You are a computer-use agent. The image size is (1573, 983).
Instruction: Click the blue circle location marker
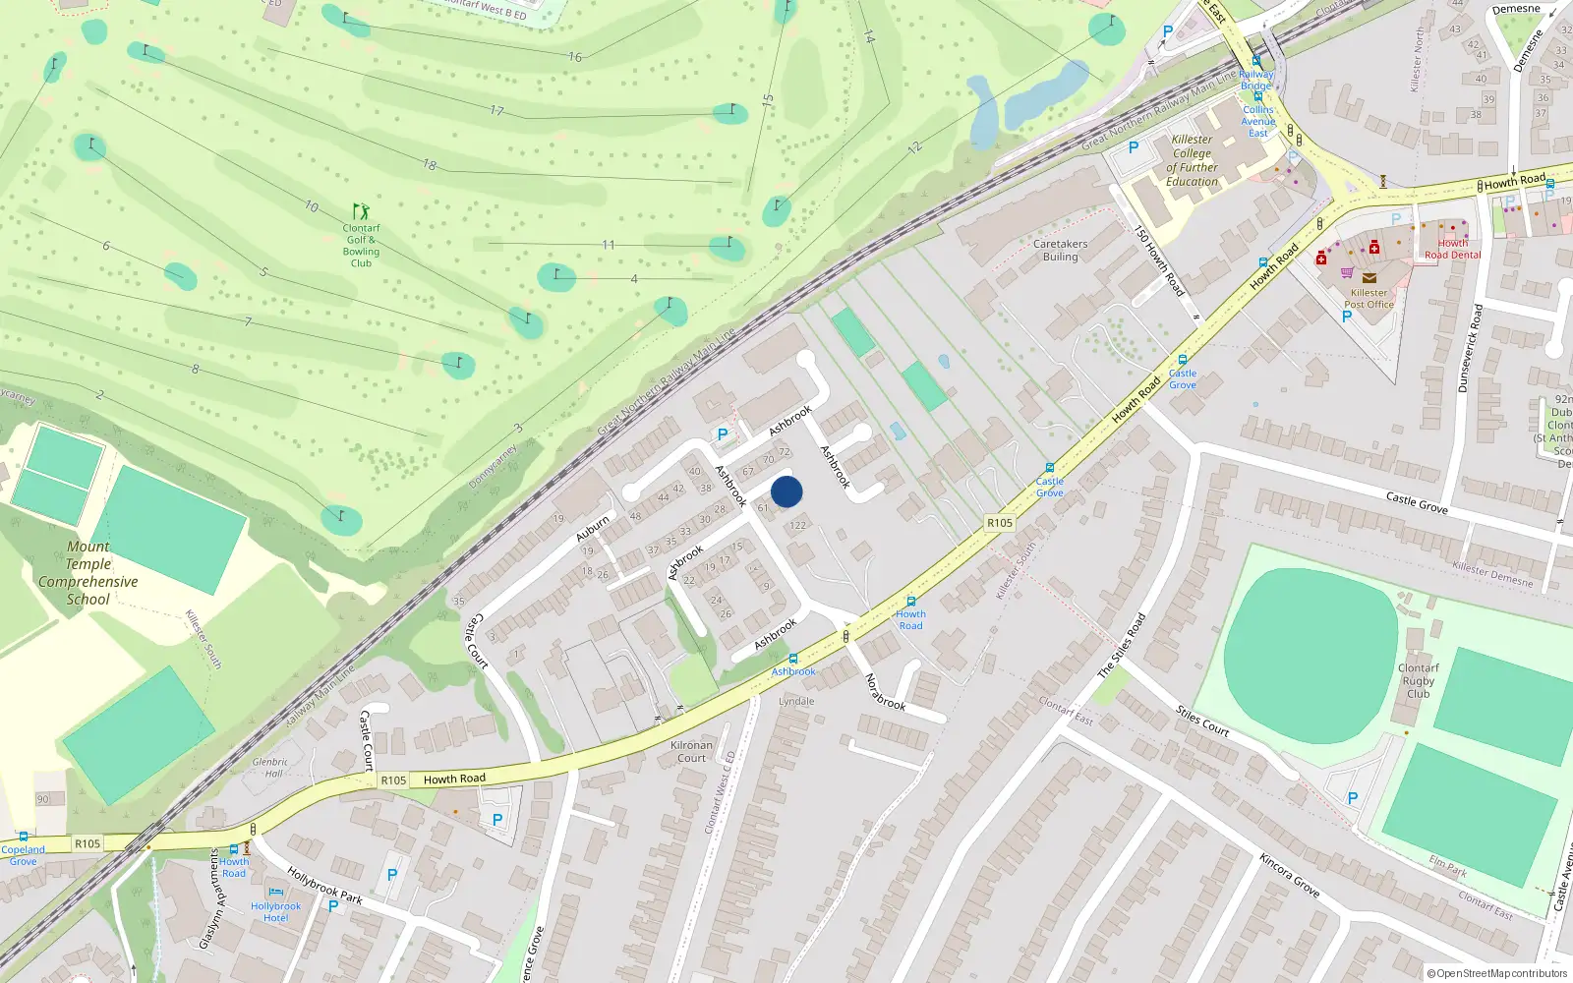click(x=786, y=491)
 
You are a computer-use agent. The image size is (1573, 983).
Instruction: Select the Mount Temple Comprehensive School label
click(x=88, y=573)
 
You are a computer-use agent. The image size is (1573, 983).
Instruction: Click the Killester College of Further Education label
click(x=1192, y=160)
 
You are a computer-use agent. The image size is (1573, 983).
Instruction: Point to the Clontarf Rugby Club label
click(x=1418, y=680)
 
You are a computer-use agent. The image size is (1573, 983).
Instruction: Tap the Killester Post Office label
click(x=1369, y=298)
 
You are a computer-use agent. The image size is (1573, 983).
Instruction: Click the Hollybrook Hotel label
click(x=275, y=911)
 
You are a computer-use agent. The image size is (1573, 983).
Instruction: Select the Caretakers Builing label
click(x=1060, y=250)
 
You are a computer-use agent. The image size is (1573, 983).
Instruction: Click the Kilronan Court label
click(x=691, y=751)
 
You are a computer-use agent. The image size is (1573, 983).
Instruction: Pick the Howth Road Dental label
click(x=1452, y=249)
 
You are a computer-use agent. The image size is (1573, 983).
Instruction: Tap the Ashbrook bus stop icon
click(x=793, y=659)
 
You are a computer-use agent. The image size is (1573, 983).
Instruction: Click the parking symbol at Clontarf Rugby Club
click(x=1352, y=798)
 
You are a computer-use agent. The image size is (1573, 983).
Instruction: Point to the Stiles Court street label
click(x=1202, y=721)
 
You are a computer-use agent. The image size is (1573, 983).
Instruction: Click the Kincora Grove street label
click(x=1289, y=874)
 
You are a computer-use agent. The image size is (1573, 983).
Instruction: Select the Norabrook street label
click(x=884, y=692)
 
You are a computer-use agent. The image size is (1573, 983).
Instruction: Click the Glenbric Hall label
click(x=270, y=767)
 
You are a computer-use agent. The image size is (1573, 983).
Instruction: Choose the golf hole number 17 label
click(x=496, y=111)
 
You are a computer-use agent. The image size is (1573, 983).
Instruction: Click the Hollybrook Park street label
click(x=324, y=885)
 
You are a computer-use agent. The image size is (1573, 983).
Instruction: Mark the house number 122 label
click(x=797, y=525)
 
